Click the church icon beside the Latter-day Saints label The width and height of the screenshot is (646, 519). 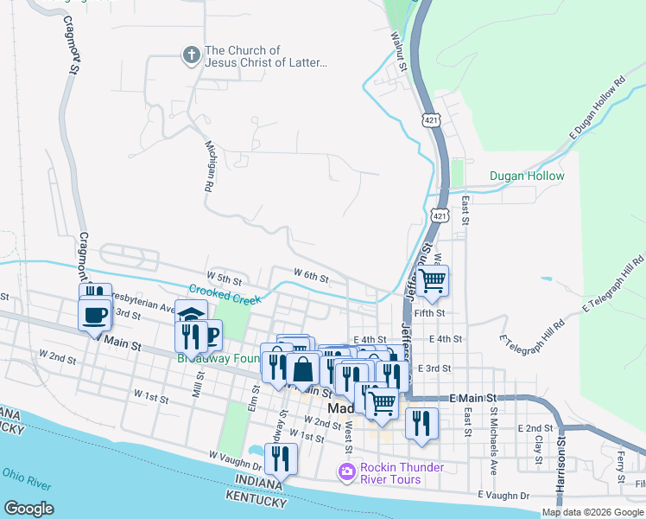click(x=191, y=56)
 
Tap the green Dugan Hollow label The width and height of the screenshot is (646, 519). click(x=527, y=176)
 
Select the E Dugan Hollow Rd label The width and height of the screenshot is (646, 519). click(x=597, y=109)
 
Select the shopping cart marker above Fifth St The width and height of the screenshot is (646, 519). click(x=432, y=280)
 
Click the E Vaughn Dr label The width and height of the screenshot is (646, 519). click(x=504, y=496)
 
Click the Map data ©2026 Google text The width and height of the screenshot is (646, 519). click(x=592, y=512)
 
